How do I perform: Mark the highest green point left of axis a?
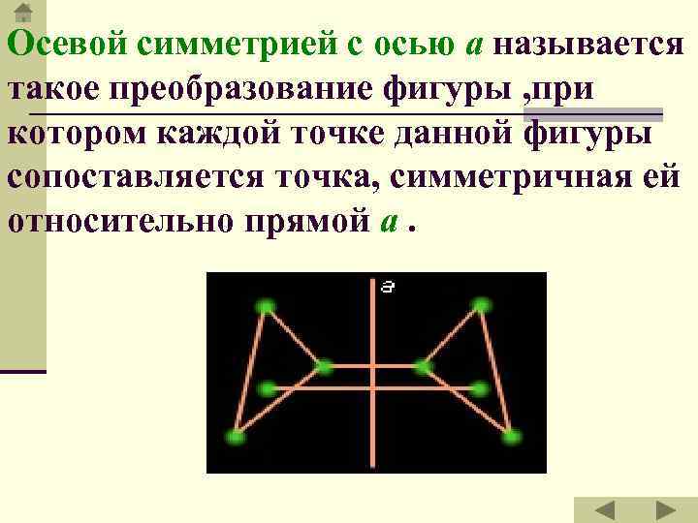(x=265, y=308)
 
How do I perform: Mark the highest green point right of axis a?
(x=482, y=307)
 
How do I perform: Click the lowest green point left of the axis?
(x=235, y=437)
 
